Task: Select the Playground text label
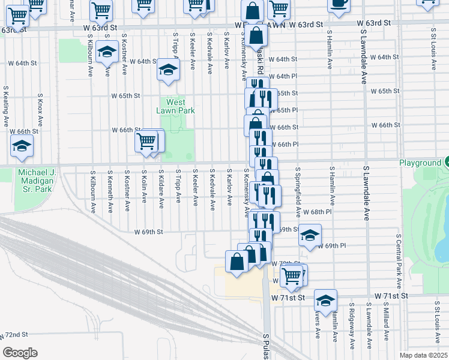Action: coord(420,163)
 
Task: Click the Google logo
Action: coord(20,353)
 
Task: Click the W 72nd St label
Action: coord(14,334)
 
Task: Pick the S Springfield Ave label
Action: coord(297,192)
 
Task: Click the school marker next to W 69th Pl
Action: coord(310,236)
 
